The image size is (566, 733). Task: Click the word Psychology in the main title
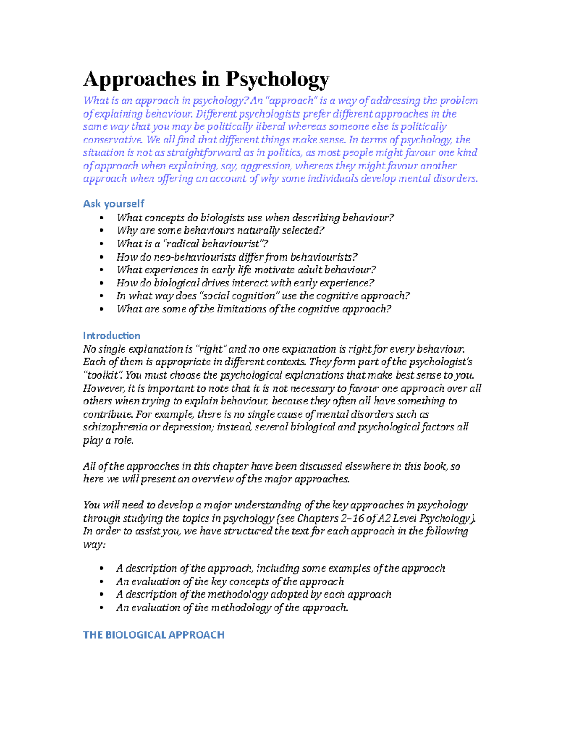pyautogui.click(x=277, y=79)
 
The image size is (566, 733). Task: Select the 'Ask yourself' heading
pyautogui.click(x=114, y=203)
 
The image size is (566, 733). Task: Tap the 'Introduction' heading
pyautogui.click(x=112, y=336)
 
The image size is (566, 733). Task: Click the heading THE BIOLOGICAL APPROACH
pyautogui.click(x=154, y=635)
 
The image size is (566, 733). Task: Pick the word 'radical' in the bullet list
pyautogui.click(x=185, y=244)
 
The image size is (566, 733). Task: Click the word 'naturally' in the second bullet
pyautogui.click(x=258, y=231)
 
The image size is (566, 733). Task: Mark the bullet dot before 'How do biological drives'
pyautogui.click(x=101, y=283)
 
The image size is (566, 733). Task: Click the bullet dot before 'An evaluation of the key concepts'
pyautogui.click(x=101, y=581)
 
